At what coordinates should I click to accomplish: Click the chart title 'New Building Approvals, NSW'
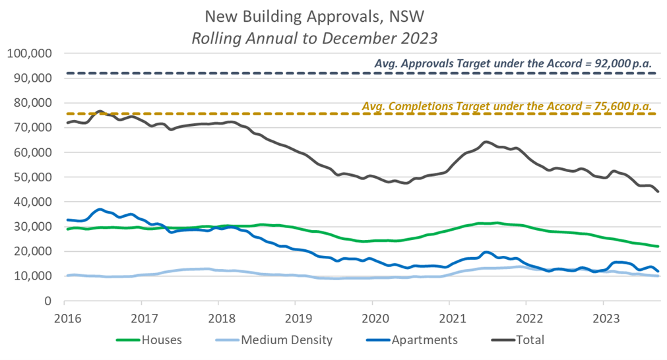[x=314, y=16]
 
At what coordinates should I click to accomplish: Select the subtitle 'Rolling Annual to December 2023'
[x=314, y=38]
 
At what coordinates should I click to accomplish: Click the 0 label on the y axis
[x=48, y=301]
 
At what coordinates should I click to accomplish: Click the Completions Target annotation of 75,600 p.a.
[x=507, y=105]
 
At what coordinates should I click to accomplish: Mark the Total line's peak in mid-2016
[x=100, y=111]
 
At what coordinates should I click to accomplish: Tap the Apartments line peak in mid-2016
[x=100, y=209]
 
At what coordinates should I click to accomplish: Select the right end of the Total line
[x=658, y=192]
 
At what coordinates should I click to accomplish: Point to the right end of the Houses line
[x=658, y=247]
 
